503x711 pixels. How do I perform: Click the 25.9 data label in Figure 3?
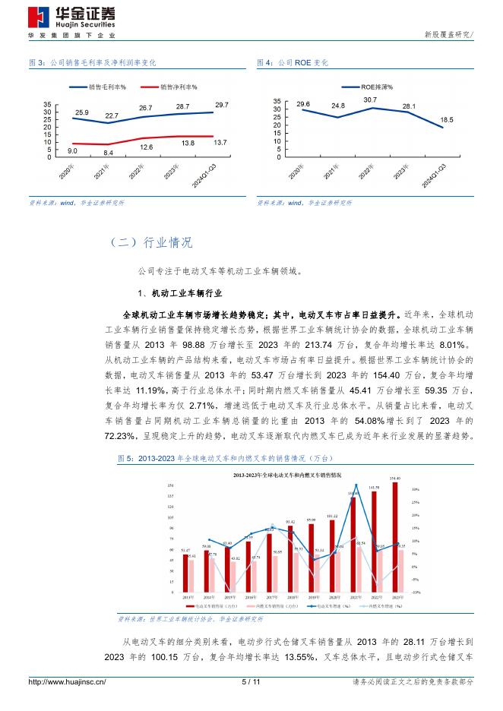click(81, 113)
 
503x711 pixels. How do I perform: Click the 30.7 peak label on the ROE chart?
click(370, 100)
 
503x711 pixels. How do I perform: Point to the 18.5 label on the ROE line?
click(447, 120)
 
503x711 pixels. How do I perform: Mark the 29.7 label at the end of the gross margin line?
click(221, 104)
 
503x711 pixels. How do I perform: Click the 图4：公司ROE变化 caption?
click(293, 62)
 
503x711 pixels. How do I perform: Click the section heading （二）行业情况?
click(151, 243)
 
